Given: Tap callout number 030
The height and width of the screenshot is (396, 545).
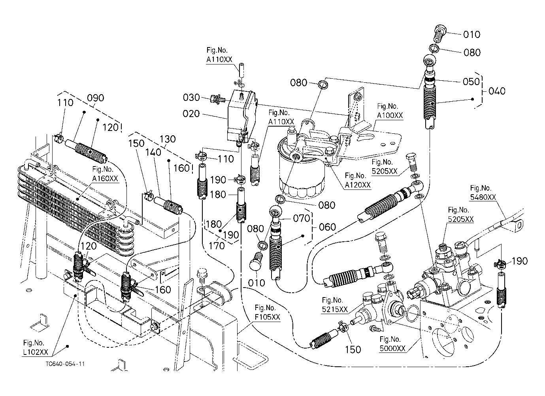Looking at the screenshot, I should pyautogui.click(x=192, y=97).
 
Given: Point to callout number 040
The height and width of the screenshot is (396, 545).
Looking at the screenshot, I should pyautogui.click(x=496, y=91).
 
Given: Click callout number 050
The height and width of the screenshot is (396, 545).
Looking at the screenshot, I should pyautogui.click(x=471, y=81).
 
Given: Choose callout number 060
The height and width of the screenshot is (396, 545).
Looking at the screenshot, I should pyautogui.click(x=327, y=227).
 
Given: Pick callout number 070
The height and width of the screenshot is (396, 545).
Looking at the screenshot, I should pyautogui.click(x=302, y=218).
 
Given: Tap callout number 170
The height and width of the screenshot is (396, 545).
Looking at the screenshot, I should pyautogui.click(x=217, y=246).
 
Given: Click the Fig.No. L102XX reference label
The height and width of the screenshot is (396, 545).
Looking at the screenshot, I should pyautogui.click(x=34, y=347).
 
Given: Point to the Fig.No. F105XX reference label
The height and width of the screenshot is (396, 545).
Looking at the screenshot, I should pyautogui.click(x=267, y=312).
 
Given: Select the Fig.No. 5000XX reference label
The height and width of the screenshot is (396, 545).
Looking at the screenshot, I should pyautogui.click(x=392, y=344).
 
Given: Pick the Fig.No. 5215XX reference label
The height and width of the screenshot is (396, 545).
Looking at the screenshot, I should pyautogui.click(x=335, y=305).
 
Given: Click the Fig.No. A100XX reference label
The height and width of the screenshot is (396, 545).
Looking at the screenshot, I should pyautogui.click(x=389, y=111).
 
